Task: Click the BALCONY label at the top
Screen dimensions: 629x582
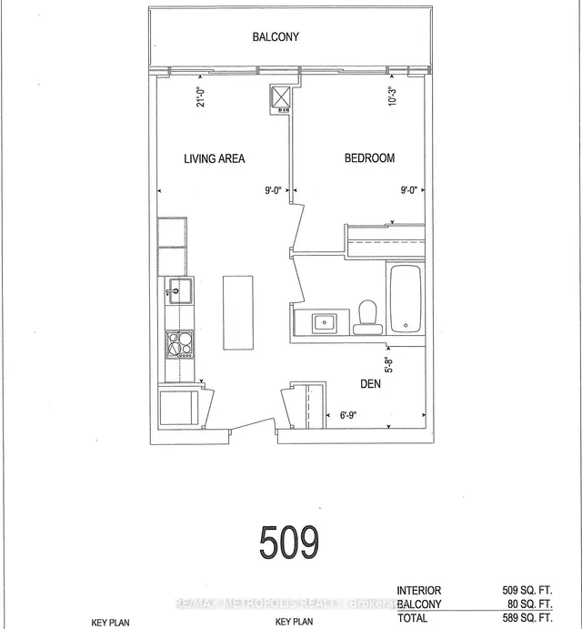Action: tap(276, 37)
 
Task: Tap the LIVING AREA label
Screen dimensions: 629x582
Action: tap(215, 158)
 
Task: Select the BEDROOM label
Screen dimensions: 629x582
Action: tap(369, 158)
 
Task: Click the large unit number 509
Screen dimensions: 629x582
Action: tap(289, 543)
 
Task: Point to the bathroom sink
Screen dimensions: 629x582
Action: tap(324, 322)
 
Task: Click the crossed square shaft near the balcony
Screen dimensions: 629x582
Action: tap(280, 97)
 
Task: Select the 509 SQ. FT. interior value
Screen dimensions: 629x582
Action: tap(536, 590)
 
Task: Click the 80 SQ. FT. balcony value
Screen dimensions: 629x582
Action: tap(538, 604)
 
